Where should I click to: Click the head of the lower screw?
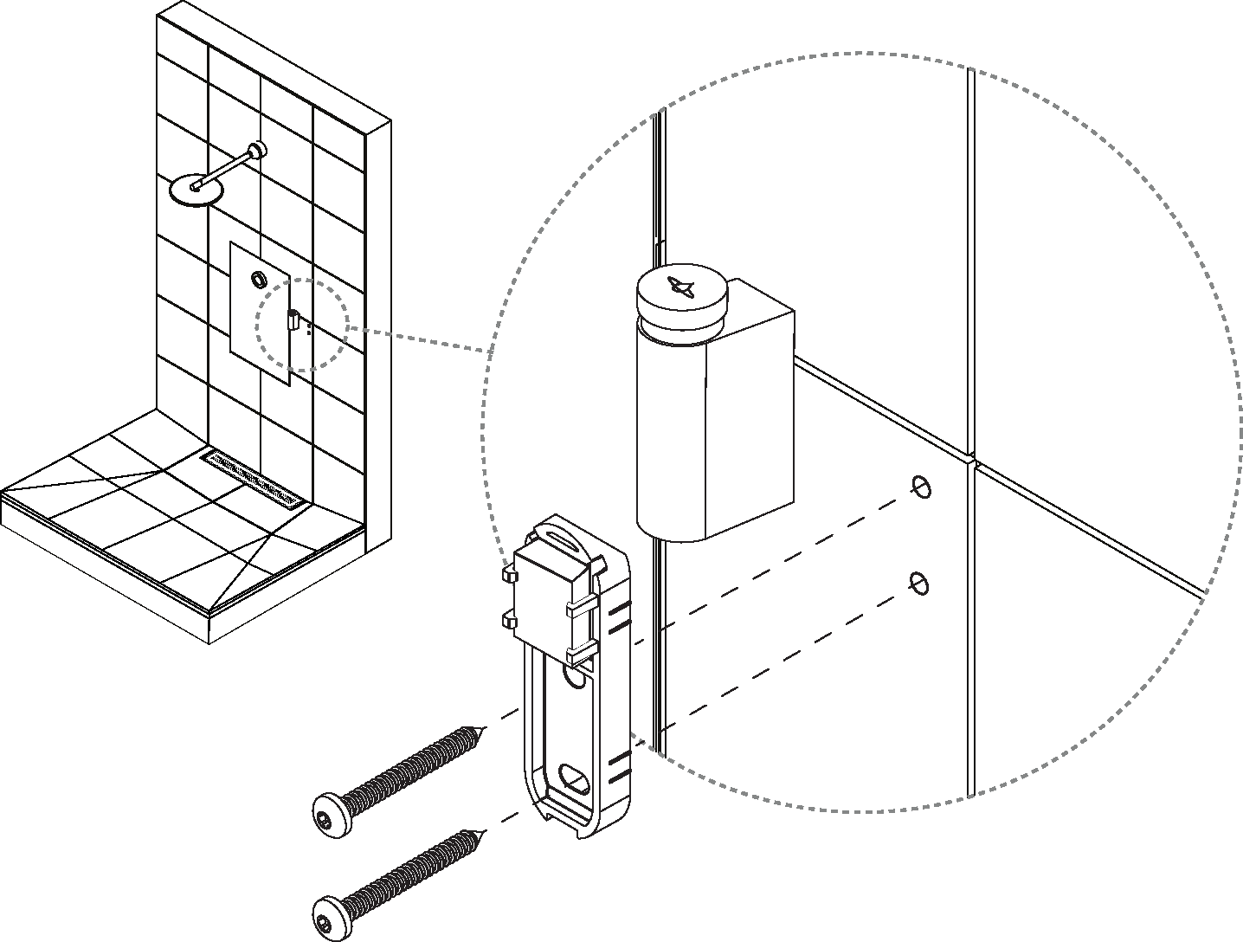pos(327,914)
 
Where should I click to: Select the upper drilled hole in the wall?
pos(920,487)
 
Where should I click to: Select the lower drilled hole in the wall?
pos(920,584)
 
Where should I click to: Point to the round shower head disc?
pos(195,190)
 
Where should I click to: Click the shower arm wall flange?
pos(257,150)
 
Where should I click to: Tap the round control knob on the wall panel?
pos(258,280)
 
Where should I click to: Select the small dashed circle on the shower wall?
pos(301,325)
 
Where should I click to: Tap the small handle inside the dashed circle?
pos(293,320)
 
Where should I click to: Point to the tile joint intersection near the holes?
pos(972,459)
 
